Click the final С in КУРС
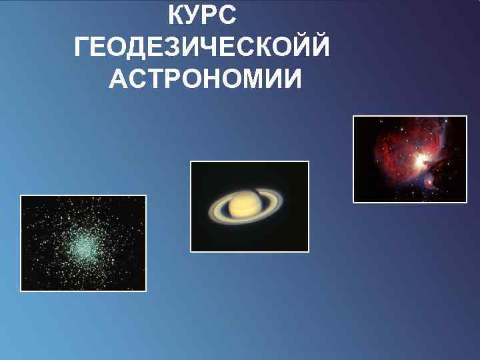[227, 15]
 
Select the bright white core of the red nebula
[421, 159]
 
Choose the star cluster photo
[83, 243]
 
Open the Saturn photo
[250, 207]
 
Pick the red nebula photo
[410, 159]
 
